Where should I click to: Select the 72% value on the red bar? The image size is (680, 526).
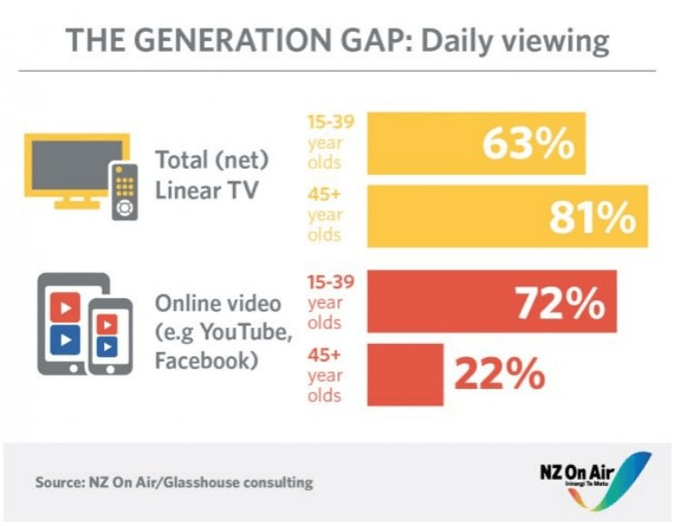(x=560, y=302)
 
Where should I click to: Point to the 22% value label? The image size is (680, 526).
(x=500, y=374)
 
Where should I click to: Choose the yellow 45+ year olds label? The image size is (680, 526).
(x=325, y=216)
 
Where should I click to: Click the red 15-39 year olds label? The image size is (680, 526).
(x=325, y=302)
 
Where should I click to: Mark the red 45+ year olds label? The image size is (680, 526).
(x=325, y=374)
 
